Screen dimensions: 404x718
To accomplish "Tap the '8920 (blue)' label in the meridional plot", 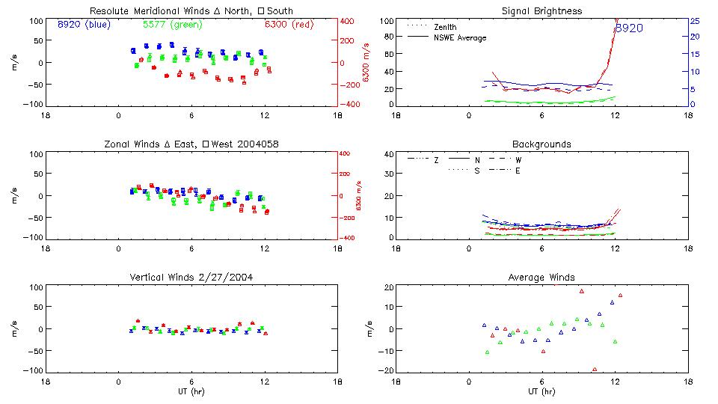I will pos(84,24).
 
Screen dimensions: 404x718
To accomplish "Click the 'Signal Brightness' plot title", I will pos(541,11).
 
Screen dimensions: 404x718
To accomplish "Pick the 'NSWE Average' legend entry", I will pos(460,37).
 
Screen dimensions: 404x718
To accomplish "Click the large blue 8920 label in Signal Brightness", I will pos(629,28).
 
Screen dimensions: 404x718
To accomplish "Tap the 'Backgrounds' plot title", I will pos(541,144).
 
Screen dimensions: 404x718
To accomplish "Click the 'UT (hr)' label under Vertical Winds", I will pos(191,391).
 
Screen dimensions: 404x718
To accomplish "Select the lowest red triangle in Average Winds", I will pos(595,369).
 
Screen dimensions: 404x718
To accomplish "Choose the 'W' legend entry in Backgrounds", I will pos(518,160).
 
